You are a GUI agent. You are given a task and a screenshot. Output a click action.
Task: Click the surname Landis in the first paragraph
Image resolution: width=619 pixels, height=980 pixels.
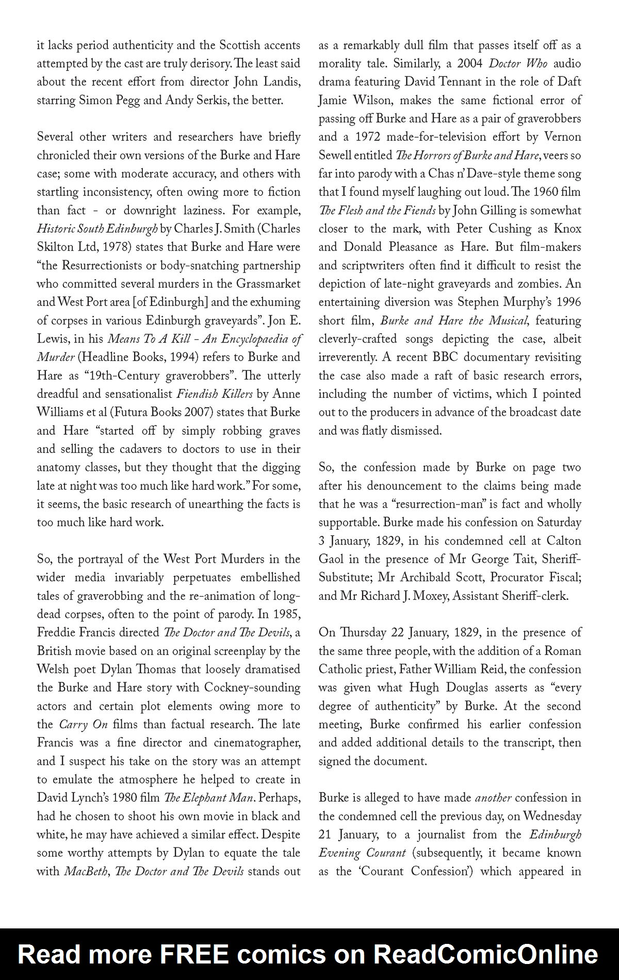coord(278,82)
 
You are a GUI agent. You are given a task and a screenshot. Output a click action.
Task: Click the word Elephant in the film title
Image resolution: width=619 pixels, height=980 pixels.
coord(208,798)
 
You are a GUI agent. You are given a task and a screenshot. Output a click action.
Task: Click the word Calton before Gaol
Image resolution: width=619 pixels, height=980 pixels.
coord(564,541)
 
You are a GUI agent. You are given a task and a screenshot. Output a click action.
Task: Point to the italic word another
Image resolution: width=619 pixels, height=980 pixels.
coord(493,798)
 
